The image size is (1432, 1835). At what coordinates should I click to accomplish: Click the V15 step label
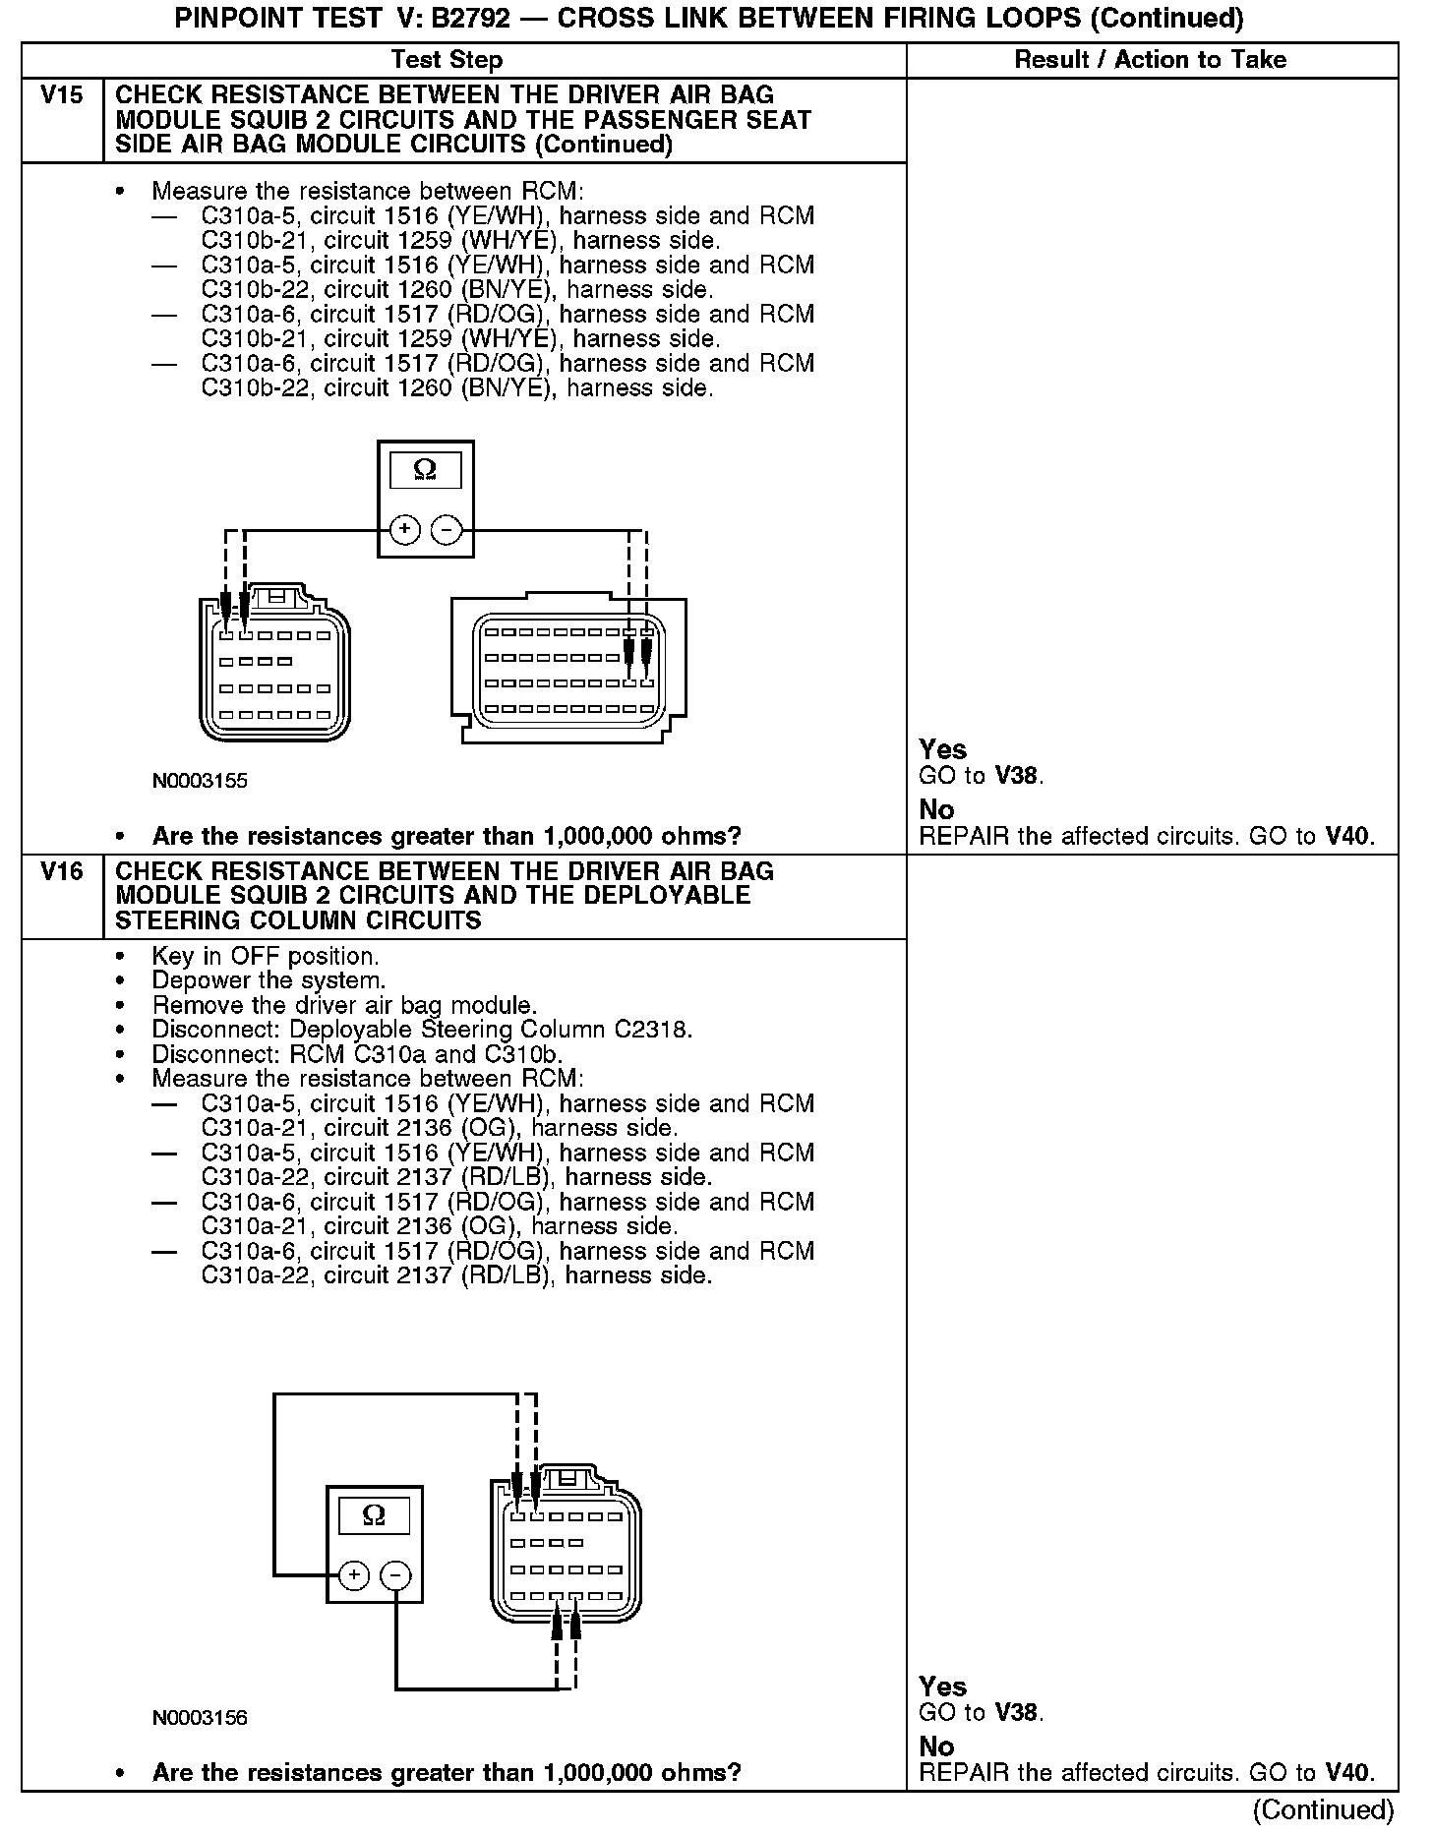61,96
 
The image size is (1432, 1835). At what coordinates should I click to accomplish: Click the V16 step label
61,872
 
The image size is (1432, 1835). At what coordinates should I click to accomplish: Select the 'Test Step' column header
447,60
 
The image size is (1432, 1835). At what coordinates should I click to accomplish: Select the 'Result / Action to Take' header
1150,60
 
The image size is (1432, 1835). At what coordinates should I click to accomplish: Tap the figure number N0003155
200,782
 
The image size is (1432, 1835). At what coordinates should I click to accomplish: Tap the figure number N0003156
200,1718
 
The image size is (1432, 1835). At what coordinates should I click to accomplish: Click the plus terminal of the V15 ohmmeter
404,530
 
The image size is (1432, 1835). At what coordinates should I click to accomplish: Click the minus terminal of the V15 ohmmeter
447,530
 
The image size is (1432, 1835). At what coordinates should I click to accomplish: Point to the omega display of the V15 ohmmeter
425,470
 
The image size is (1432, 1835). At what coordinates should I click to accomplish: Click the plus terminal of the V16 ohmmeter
353,1576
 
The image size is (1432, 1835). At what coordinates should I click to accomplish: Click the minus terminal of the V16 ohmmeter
395,1576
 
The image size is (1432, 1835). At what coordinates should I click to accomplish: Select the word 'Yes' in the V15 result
942,750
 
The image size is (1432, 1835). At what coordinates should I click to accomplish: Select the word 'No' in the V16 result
936,1746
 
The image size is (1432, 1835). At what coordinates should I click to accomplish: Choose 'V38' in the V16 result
1017,1713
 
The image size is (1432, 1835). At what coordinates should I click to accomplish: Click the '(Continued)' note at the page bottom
1323,1810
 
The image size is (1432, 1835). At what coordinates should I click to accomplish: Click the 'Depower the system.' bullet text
268,981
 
